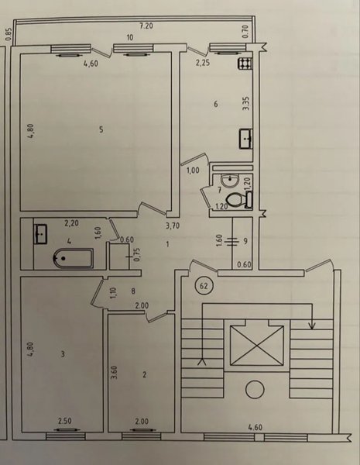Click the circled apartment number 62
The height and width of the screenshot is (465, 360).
coord(204,286)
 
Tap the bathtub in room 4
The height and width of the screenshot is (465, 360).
coord(74,259)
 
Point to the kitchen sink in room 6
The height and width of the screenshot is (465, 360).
coord(245,139)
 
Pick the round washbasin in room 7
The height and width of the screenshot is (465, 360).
coord(229,181)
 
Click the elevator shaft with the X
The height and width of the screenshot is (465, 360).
coord(257,346)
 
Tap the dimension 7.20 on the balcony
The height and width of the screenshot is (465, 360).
coord(146,26)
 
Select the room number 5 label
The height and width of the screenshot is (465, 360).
coord(101,129)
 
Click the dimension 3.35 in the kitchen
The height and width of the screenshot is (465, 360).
coord(246,104)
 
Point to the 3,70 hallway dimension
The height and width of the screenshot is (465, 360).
coord(173,226)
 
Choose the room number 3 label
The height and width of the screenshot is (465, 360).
coord(63,354)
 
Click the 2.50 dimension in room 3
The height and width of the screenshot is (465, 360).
coord(65,421)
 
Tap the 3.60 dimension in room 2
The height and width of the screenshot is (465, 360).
coord(115,373)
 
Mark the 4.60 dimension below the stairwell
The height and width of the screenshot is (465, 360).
coord(255,427)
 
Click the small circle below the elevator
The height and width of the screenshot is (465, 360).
coord(255,391)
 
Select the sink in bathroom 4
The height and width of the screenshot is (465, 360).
coord(40,234)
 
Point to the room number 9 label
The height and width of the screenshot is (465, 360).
coord(245,241)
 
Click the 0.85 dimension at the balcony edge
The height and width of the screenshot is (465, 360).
coord(9,34)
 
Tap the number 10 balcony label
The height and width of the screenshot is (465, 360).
coord(130,37)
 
